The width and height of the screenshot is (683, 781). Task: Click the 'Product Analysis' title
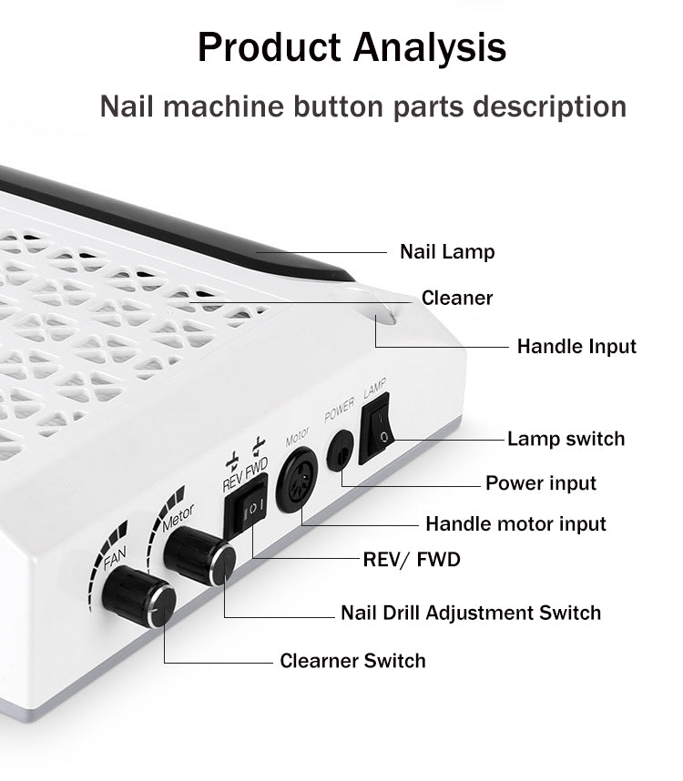click(x=352, y=48)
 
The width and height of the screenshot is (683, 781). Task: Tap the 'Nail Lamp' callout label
click(x=447, y=251)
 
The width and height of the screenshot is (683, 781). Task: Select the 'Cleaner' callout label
click(x=457, y=298)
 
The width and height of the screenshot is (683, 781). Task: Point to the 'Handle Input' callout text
click(x=576, y=347)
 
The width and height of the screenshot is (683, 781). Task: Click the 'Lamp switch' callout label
click(x=566, y=439)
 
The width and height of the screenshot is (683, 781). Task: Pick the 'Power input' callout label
click(x=541, y=483)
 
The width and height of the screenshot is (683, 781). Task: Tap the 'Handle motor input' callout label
click(x=515, y=524)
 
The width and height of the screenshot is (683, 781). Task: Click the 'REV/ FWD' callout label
click(x=412, y=559)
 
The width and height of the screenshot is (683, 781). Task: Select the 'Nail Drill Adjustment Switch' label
click(x=471, y=613)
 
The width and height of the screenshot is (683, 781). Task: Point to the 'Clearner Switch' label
click(x=352, y=661)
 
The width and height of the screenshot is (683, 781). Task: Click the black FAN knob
click(x=139, y=596)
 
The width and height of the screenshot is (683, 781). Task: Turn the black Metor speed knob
click(x=199, y=555)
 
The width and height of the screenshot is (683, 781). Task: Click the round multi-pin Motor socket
click(x=297, y=480)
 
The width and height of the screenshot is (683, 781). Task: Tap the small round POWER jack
click(x=341, y=451)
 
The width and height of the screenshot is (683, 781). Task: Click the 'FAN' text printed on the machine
click(x=115, y=558)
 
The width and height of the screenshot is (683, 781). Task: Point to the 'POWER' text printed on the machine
click(x=340, y=410)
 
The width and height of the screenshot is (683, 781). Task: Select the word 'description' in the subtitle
click(x=549, y=107)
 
